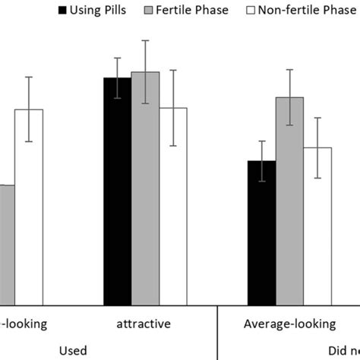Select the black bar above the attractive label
click(117, 190)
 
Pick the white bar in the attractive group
click(173, 205)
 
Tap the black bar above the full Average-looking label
click(262, 232)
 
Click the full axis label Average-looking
click(289, 324)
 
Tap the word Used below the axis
click(73, 349)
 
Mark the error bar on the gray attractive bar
click(145, 72)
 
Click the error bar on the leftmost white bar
click(29, 109)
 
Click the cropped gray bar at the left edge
click(7, 243)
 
